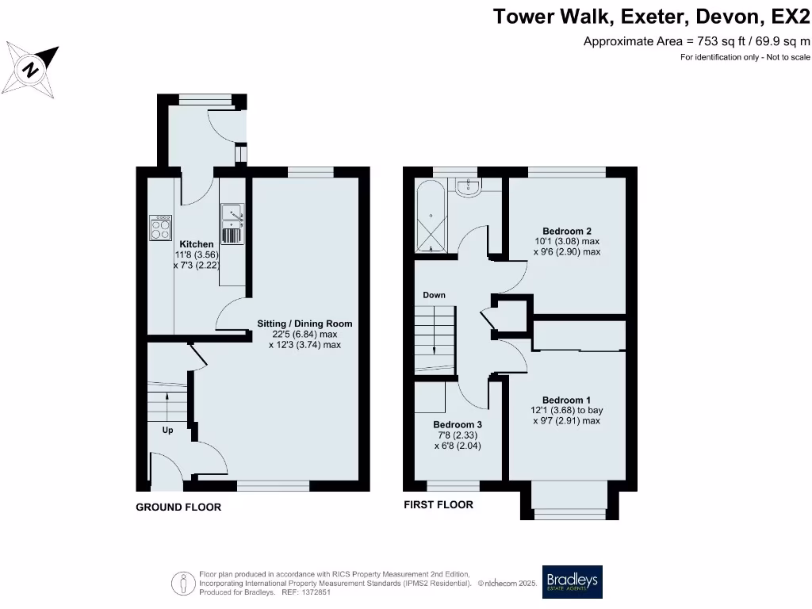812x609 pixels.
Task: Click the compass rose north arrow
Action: pos(32,68)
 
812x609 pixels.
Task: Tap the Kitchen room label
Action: pos(196,244)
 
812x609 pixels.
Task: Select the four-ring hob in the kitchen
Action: pos(161,228)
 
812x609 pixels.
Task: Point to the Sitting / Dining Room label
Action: pos(304,324)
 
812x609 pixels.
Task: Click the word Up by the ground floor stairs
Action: pos(167,430)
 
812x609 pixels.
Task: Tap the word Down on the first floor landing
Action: pos(434,295)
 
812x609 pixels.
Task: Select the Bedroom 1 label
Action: pos(565,400)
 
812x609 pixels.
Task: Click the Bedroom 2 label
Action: pos(565,231)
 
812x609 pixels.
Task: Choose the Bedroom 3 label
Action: pos(458,424)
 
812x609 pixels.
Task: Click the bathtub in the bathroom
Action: pos(431,215)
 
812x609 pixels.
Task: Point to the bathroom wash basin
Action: pos(469,185)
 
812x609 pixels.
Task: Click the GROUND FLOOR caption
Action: pos(178,507)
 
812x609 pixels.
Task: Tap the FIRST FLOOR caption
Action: pos(439,505)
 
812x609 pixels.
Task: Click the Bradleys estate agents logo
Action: pos(572,582)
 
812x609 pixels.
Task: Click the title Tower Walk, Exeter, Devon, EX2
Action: pos(652,17)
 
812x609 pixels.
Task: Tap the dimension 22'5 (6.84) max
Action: pos(304,335)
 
